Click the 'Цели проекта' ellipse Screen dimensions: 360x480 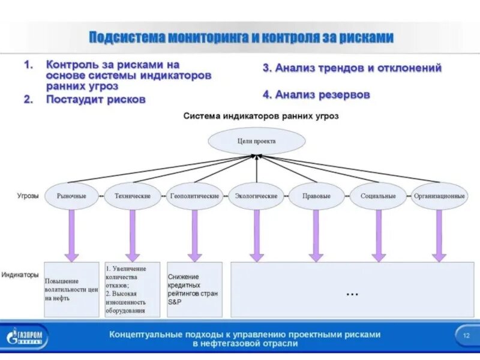[256, 141]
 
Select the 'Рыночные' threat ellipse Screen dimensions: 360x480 [71, 196]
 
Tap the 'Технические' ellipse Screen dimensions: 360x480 [133, 196]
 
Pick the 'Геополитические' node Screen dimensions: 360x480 [194, 196]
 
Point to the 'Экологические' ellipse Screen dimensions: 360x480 [256, 196]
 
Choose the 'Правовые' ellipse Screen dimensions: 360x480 [317, 196]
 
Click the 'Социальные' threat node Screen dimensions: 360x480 [378, 196]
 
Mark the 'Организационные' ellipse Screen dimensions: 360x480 [439, 196]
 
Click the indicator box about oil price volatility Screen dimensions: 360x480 [71, 289]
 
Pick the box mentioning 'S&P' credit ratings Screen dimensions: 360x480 [194, 289]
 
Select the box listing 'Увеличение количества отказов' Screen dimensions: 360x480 [133, 289]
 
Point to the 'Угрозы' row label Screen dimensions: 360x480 [28, 196]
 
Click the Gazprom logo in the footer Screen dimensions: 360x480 [28, 336]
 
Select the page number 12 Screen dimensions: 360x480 [466, 335]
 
